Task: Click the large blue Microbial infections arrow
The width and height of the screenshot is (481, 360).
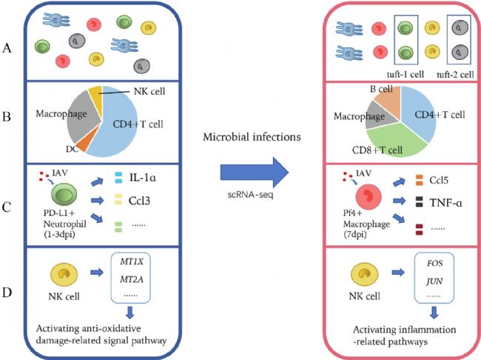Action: point(255,173)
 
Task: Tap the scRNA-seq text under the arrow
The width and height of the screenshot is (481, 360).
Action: point(250,194)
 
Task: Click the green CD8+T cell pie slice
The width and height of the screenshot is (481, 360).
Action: point(396,144)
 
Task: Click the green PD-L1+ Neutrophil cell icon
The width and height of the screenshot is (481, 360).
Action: point(64,195)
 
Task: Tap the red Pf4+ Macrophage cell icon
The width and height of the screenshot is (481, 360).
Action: point(369,197)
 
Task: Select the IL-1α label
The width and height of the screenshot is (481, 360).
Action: point(143,178)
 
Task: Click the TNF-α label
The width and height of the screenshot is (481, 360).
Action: point(446,203)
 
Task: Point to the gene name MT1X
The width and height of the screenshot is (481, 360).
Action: point(132,261)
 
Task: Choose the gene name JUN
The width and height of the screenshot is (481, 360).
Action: point(434,281)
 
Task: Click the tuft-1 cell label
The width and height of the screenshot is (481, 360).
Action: point(406,74)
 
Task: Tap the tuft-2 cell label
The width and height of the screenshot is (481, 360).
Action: point(455,74)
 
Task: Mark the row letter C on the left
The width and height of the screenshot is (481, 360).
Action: point(7,207)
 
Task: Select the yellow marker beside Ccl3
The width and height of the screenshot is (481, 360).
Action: point(118,199)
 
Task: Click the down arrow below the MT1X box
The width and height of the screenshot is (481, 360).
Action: point(130,312)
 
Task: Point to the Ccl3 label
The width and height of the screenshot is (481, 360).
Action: point(139,201)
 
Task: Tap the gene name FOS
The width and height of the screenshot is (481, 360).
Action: point(434,263)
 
